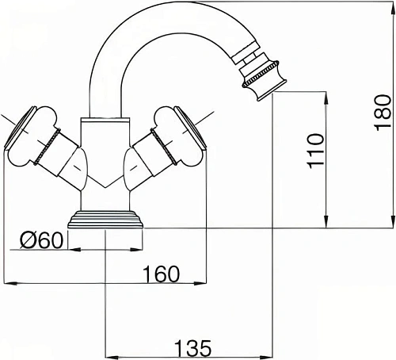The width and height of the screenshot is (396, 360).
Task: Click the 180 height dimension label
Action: click(383, 113)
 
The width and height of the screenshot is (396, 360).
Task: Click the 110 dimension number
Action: click(315, 151)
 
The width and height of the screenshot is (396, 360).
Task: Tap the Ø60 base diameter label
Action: click(42, 240)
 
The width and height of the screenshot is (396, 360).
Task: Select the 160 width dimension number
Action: click(161, 274)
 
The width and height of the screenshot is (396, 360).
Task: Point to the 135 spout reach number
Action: click(193, 348)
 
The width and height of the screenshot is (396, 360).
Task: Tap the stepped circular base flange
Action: click(105, 220)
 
